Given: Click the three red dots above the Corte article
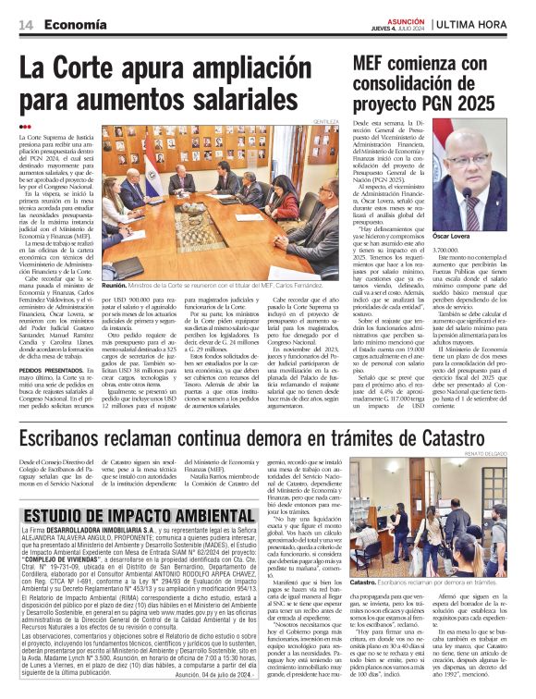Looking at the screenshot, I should click(x=25, y=127).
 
